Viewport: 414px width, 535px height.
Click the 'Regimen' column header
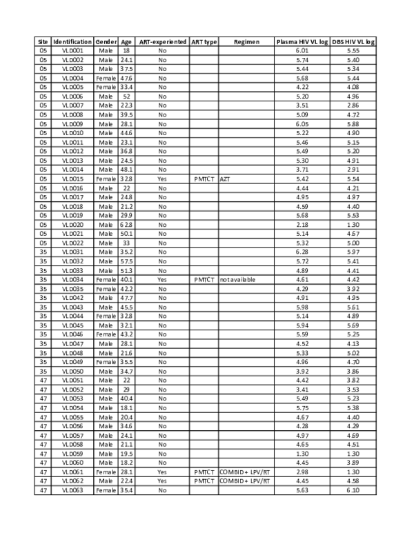[246, 42]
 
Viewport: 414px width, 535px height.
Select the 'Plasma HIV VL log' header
[302, 42]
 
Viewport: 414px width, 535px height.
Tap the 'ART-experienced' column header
[163, 42]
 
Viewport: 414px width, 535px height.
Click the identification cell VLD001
[72, 51]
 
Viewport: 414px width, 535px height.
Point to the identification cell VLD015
[72, 179]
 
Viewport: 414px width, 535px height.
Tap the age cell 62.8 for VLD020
[127, 224]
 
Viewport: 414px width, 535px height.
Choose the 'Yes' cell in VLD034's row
[163, 279]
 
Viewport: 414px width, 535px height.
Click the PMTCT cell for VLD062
[204, 480]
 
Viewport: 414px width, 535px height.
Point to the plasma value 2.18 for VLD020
[302, 224]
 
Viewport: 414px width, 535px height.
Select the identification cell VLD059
[72, 452]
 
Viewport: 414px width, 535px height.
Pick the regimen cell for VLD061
[246, 471]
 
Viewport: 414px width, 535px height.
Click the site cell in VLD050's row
[43, 370]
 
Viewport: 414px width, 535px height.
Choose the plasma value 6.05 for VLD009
[302, 124]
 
